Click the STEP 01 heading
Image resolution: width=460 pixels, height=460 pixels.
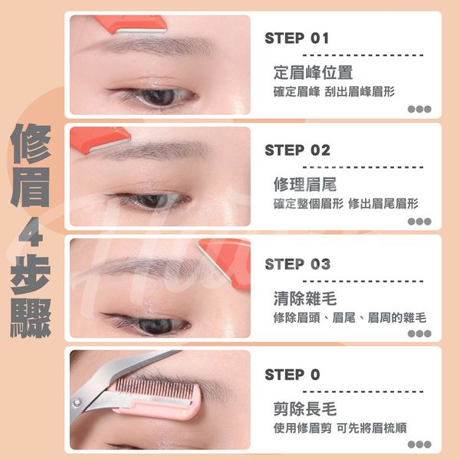tap(297, 38)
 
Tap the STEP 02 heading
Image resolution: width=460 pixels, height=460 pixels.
tap(297, 150)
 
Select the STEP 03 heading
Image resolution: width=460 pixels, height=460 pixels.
tap(297, 264)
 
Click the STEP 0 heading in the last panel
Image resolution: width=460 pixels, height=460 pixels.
tap(292, 375)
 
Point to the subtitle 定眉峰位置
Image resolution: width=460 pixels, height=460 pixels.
tap(313, 72)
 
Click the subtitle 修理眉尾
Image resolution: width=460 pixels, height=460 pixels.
tap(305, 184)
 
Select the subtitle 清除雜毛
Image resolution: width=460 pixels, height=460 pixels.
tap(305, 298)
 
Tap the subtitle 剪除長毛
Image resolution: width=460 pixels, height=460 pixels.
tap(305, 409)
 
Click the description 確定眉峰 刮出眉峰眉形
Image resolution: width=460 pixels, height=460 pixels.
tap(333, 91)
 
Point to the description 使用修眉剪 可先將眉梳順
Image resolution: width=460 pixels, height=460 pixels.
tap(340, 428)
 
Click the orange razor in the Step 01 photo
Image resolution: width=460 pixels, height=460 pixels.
tap(131, 24)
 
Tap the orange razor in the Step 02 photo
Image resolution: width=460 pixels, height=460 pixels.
tap(99, 140)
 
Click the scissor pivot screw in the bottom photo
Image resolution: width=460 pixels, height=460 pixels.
tap(77, 402)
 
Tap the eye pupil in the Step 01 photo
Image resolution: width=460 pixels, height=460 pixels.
tap(159, 97)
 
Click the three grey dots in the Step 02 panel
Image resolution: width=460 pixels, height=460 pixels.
tap(419, 222)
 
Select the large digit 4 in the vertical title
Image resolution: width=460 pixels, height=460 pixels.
tap(31, 232)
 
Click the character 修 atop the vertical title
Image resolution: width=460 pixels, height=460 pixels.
tap(31, 144)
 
